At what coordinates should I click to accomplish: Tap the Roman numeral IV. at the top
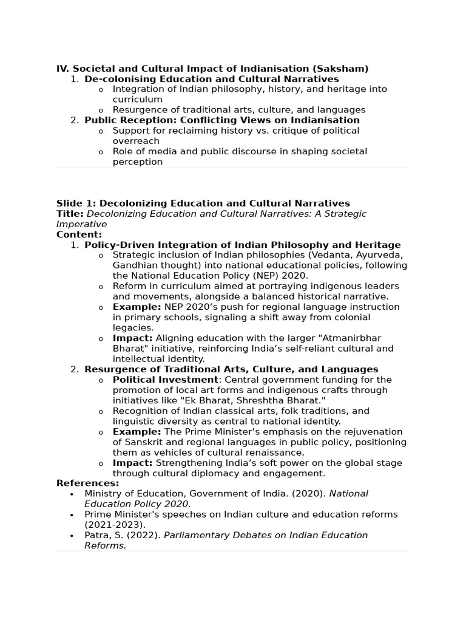pyautogui.click(x=63, y=69)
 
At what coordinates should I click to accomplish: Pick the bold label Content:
pyautogui.click(x=79, y=234)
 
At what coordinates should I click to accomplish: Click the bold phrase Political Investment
pyautogui.click(x=165, y=380)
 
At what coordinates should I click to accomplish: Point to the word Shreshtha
pyautogui.click(x=274, y=400)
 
